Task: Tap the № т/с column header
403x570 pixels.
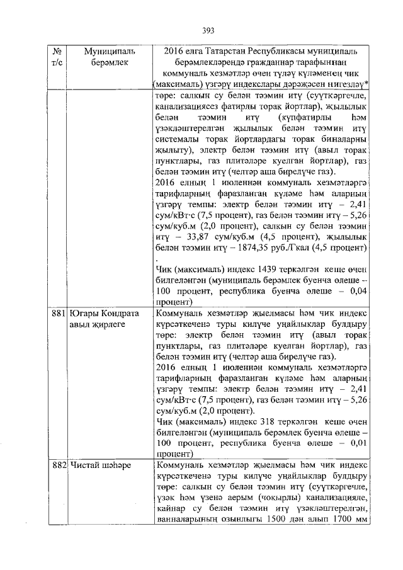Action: click(57, 57)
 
